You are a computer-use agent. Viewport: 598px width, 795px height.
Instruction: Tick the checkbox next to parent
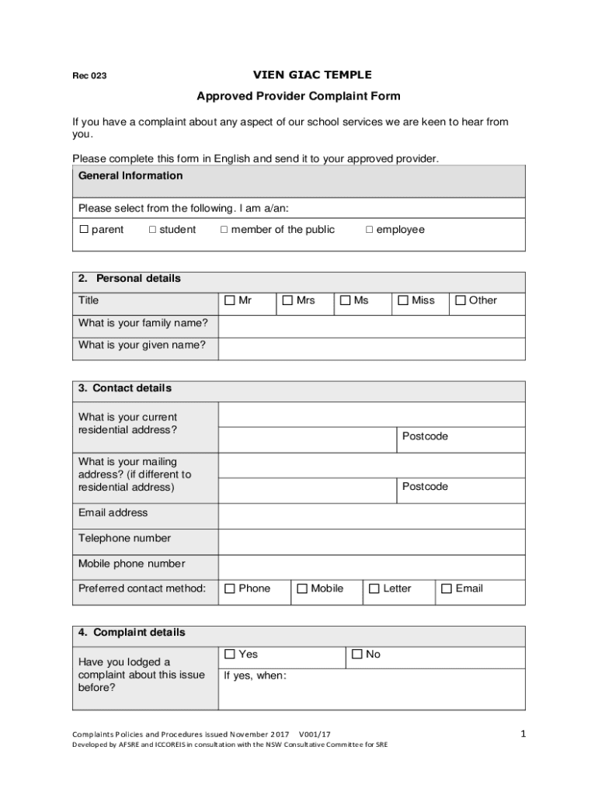84,230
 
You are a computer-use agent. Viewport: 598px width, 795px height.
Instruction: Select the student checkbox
152,230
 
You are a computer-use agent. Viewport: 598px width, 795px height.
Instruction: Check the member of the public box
224,230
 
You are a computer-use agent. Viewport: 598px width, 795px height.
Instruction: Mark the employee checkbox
370,230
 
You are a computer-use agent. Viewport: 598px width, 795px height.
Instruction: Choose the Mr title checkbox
230,300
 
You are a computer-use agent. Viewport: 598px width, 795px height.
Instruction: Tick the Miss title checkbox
403,300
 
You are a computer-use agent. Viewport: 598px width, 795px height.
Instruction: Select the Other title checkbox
461,300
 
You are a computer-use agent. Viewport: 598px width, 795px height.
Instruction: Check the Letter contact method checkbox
374,589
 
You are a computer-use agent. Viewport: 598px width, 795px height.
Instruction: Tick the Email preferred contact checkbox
447,589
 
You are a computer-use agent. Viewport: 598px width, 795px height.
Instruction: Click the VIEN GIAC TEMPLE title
312,75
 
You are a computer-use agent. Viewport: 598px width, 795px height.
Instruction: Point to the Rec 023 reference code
89,76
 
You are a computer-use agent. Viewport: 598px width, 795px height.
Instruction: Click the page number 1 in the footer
523,733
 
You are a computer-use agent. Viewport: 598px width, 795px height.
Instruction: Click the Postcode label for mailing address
425,487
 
